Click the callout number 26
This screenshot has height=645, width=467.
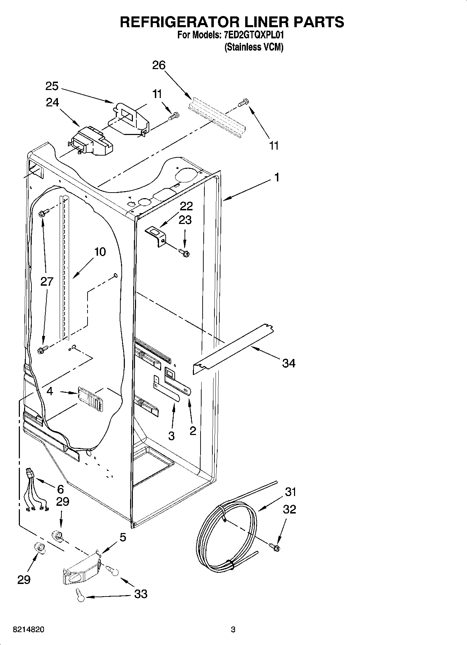(159, 65)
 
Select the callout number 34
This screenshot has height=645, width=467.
(288, 363)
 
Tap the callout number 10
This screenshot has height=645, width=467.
(100, 252)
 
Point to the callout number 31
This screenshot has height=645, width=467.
(290, 492)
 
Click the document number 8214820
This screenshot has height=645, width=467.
(29, 630)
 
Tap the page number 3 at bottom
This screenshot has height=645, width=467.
(233, 630)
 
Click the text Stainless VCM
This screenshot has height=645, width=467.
(254, 47)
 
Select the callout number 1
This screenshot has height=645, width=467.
(277, 178)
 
